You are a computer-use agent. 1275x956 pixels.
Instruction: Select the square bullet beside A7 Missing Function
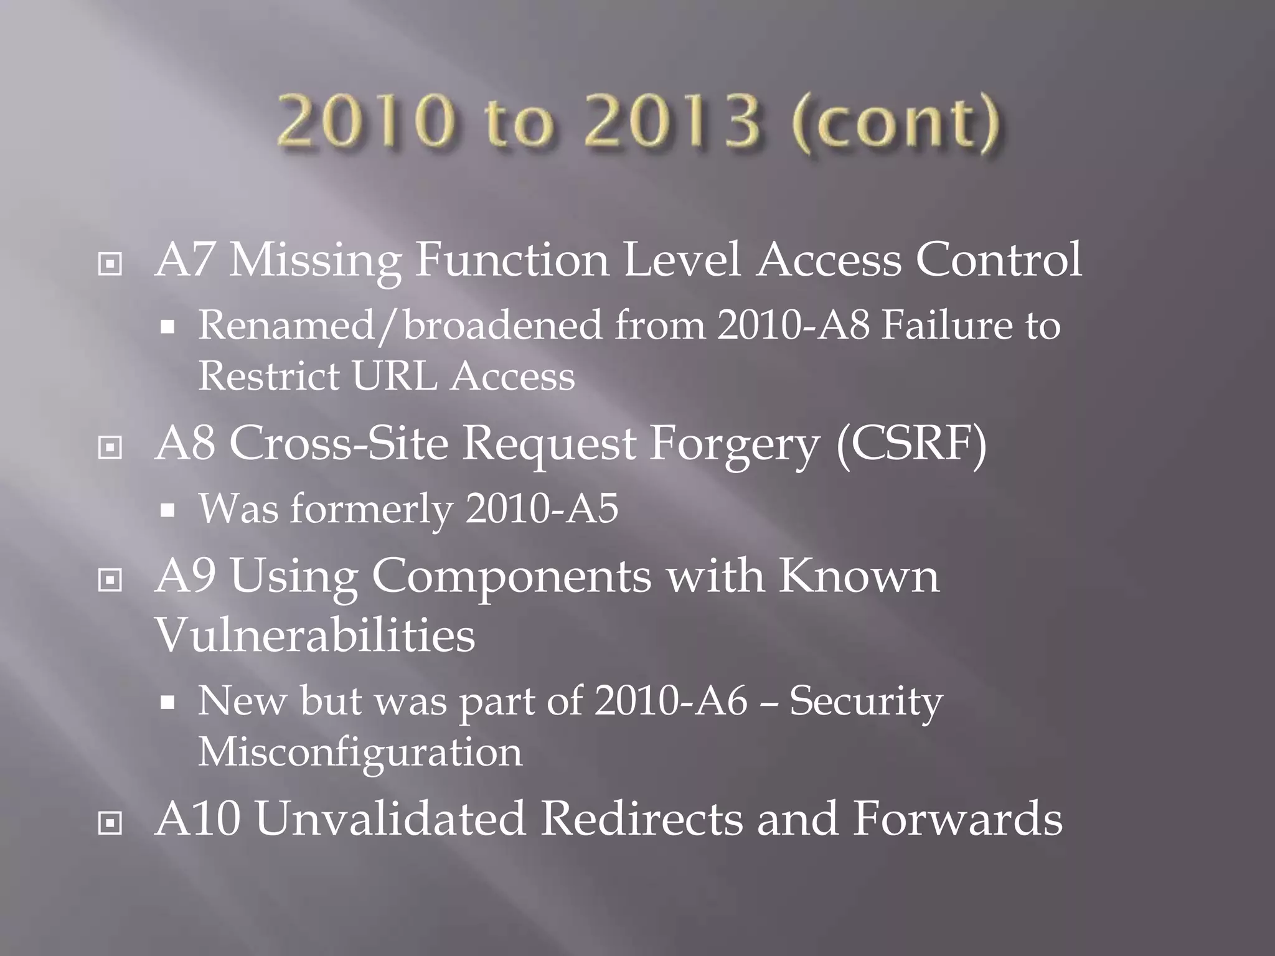click(x=110, y=265)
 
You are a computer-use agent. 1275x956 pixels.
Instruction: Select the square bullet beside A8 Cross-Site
click(x=110, y=448)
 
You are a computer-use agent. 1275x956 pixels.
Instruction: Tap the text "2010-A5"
click(x=542, y=508)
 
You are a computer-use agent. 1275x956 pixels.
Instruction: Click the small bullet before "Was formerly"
click(x=167, y=510)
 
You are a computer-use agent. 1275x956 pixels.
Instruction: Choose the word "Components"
click(x=511, y=577)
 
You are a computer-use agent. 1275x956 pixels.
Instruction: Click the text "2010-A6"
click(x=670, y=701)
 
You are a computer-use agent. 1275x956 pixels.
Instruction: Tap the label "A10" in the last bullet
click(x=198, y=818)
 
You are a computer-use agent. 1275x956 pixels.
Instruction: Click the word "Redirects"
click(x=641, y=818)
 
